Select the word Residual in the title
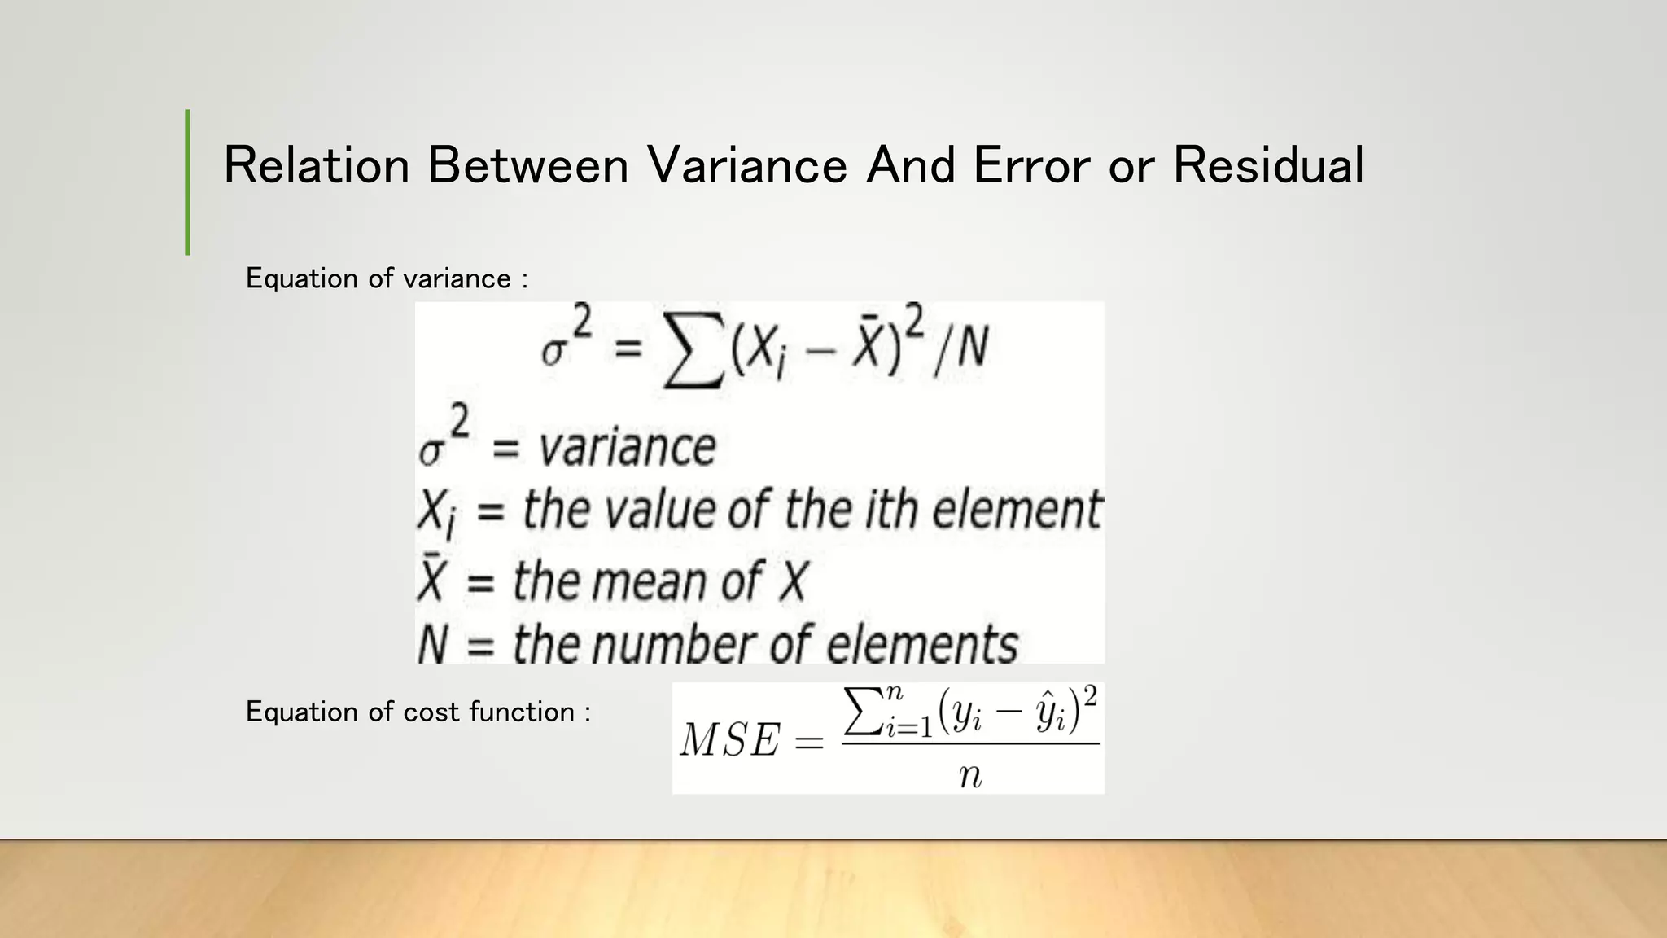(1267, 165)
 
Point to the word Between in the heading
(527, 165)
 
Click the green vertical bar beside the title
(188, 182)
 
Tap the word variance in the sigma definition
(628, 448)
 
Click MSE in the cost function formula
(729, 741)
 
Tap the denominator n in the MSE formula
(970, 775)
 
